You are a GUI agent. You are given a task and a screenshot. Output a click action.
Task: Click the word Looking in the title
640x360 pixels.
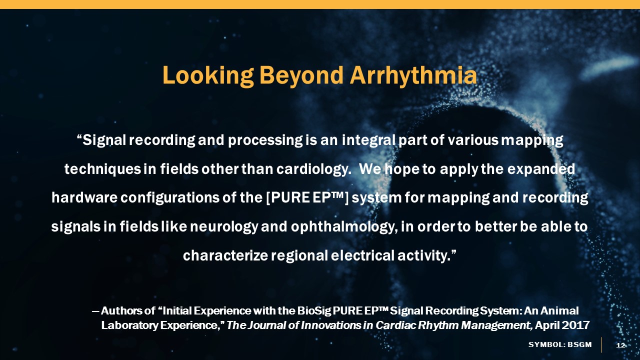208,75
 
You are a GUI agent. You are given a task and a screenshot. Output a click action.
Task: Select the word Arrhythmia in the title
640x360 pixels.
413,75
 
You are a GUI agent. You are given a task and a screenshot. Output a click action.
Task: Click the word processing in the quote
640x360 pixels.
265,140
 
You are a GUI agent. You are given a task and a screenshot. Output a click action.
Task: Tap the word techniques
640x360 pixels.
102,169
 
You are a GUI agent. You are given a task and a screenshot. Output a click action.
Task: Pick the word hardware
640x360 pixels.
84,197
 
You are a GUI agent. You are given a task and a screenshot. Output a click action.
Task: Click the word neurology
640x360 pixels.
224,227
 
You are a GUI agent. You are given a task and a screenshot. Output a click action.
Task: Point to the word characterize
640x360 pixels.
225,255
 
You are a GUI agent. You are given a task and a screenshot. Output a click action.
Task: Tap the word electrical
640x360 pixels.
362,255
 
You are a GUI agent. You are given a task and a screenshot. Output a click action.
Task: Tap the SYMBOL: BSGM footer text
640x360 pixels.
560,344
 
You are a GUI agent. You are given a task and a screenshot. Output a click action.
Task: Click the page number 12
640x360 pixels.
620,345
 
